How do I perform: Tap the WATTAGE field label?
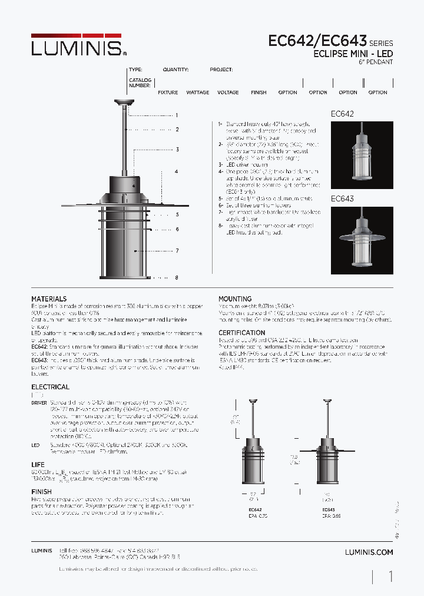click(197, 92)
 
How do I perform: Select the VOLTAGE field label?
click(228, 92)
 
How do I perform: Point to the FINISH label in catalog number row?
click(259, 92)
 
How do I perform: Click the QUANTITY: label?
click(175, 69)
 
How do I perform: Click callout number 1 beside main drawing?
click(176, 115)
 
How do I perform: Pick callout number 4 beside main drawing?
click(176, 171)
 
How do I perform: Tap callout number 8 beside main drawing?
click(176, 277)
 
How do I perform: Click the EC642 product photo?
click(362, 155)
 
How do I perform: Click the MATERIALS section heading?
click(49, 299)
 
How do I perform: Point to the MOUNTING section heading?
click(235, 299)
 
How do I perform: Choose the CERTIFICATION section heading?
click(242, 333)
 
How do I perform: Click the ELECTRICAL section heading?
click(50, 387)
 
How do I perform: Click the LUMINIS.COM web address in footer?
click(369, 552)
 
